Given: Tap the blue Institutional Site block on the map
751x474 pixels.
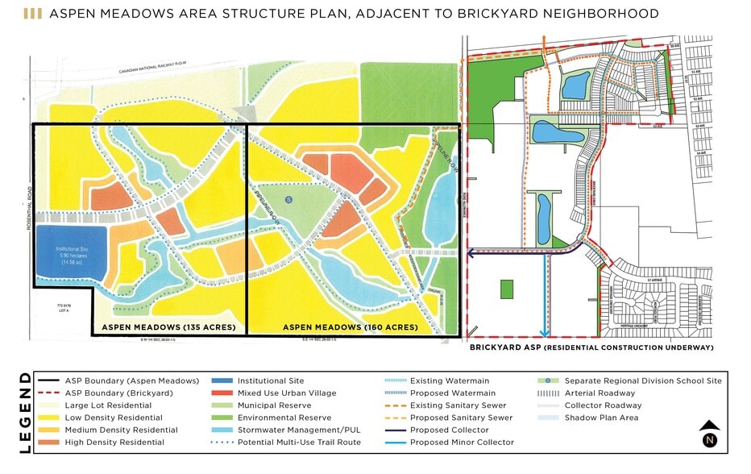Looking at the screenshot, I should point(69,253).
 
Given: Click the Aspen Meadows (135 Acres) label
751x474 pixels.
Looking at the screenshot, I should point(168,327).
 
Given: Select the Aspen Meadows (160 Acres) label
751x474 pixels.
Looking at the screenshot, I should point(351,327).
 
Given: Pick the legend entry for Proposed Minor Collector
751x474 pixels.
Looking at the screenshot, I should point(462,443).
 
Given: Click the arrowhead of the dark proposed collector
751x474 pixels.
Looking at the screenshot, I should point(472,252).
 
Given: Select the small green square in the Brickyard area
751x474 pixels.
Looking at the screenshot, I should point(507,289).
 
